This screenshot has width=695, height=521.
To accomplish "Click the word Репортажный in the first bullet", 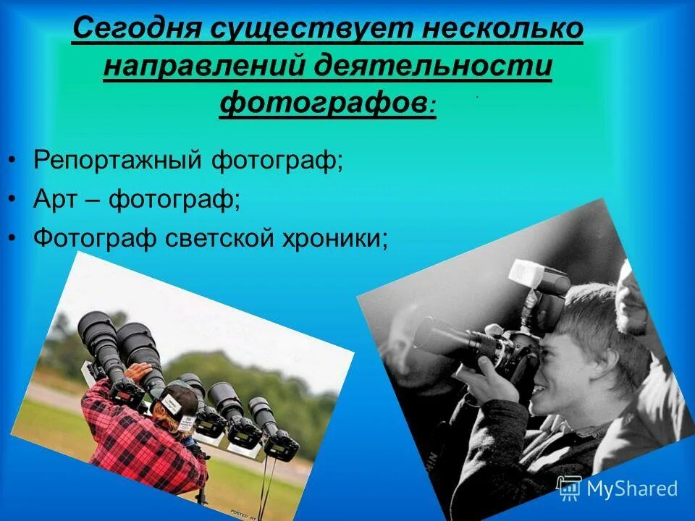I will click(x=117, y=159).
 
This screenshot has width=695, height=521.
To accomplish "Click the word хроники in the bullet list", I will click(x=332, y=237).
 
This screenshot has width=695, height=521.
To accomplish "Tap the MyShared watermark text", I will click(x=632, y=488).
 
